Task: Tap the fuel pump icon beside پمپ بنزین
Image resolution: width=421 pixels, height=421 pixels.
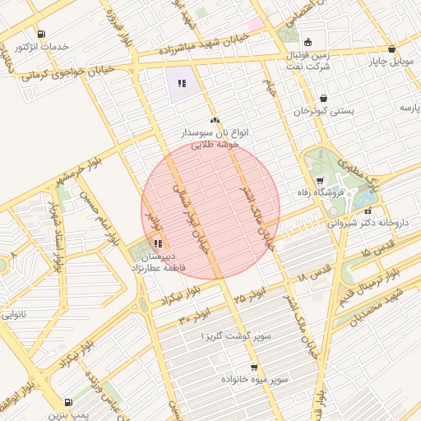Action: [x=67, y=403]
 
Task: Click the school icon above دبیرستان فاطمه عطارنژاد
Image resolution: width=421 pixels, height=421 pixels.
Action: [x=157, y=243]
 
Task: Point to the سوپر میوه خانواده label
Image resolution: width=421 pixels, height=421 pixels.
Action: [x=254, y=379]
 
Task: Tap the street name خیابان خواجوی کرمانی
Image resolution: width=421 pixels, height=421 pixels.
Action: [x=71, y=75]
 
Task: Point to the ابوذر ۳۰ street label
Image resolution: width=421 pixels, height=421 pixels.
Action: [x=195, y=311]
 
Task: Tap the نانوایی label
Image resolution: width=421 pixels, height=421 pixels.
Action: [x=16, y=314]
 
